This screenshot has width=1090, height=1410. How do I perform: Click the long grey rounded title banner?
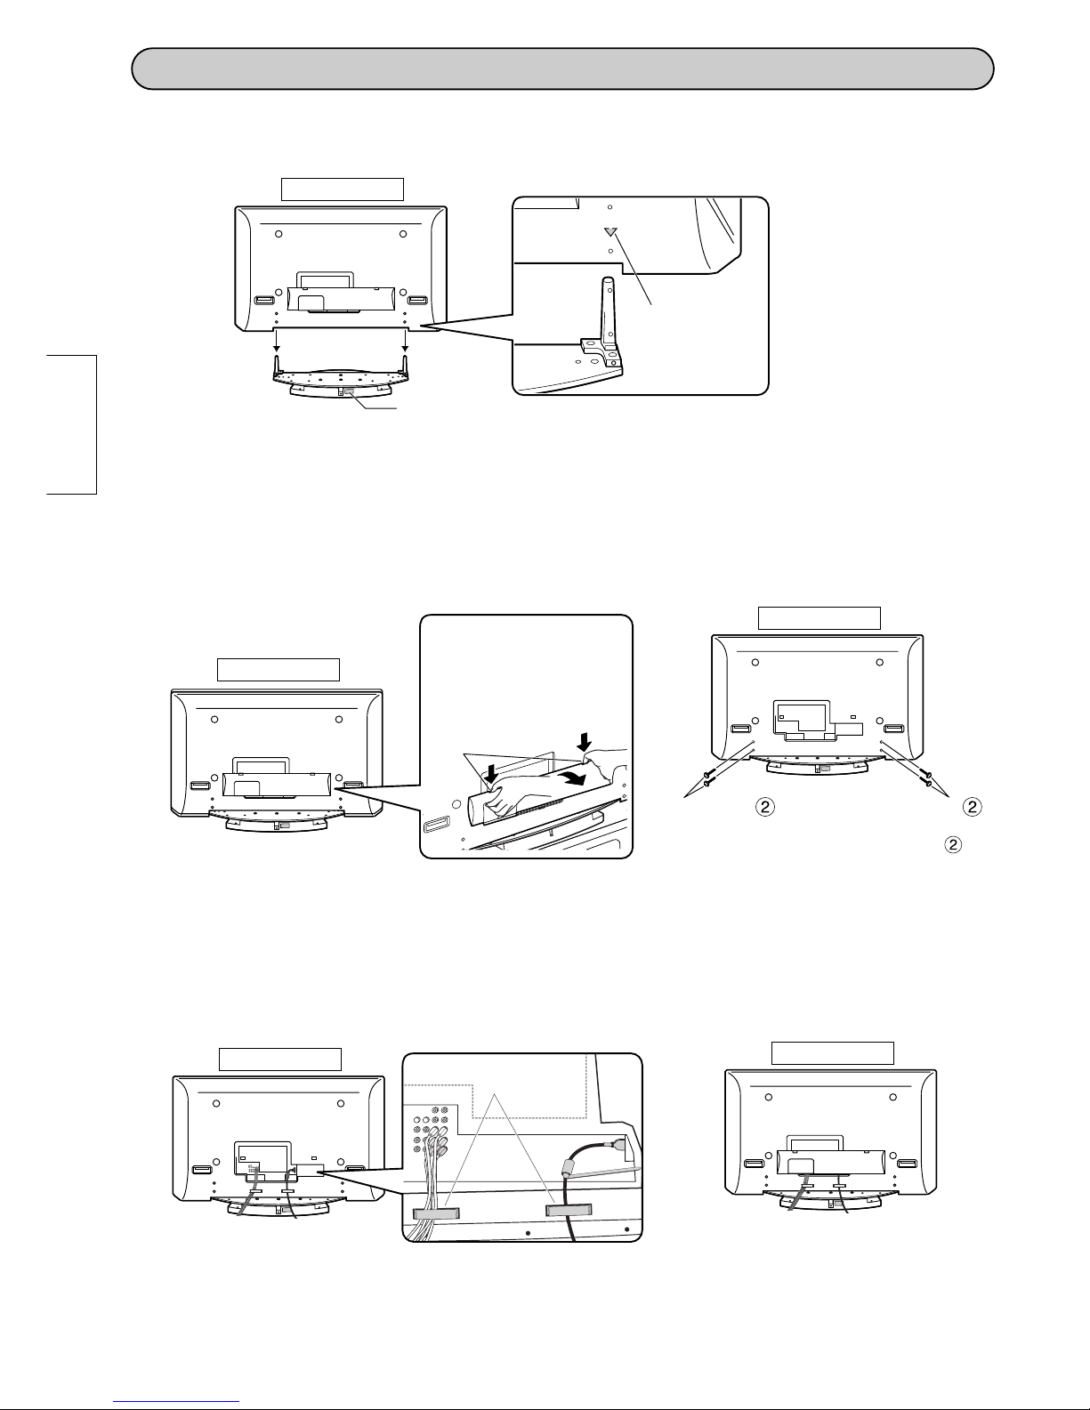pyautogui.click(x=562, y=68)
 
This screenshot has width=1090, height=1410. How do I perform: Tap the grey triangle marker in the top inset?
pyautogui.click(x=610, y=231)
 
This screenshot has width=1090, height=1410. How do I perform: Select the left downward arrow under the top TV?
pyautogui.click(x=277, y=340)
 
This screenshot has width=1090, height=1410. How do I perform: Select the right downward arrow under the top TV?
pyautogui.click(x=406, y=340)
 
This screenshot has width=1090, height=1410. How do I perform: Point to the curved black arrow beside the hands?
pyautogui.click(x=579, y=778)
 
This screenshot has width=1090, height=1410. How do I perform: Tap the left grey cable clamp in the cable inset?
pyautogui.click(x=436, y=1213)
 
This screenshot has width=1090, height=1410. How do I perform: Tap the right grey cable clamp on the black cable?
pyautogui.click(x=569, y=1210)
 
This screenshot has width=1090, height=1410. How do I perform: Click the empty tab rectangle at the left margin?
pyautogui.click(x=71, y=424)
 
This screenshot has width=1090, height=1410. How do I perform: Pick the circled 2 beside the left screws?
pyautogui.click(x=765, y=807)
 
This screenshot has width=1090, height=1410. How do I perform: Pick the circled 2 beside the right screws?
pyautogui.click(x=972, y=807)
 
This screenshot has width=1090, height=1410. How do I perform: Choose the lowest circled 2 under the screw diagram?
pyautogui.click(x=952, y=844)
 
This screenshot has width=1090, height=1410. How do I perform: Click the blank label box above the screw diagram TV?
pyautogui.click(x=820, y=617)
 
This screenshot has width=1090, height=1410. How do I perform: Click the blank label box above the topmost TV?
pyautogui.click(x=343, y=189)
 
